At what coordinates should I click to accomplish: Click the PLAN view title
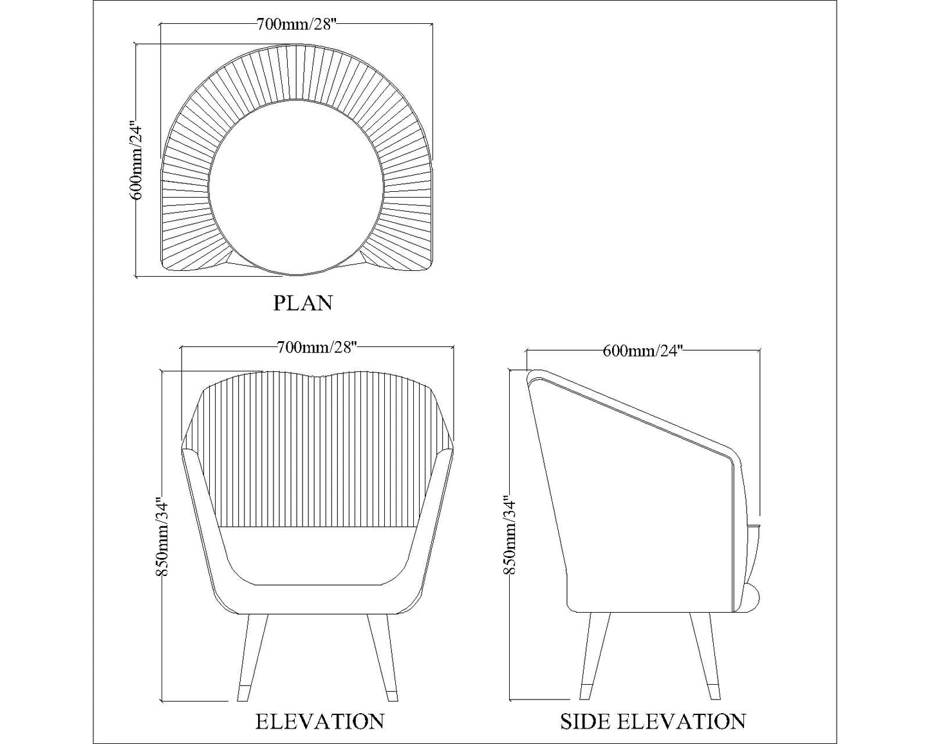[x=302, y=302]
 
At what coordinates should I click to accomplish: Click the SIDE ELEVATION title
[x=653, y=721]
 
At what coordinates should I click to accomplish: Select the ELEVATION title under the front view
[x=320, y=721]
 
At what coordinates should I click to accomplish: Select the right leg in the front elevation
[x=382, y=656]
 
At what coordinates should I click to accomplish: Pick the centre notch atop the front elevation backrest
[x=314, y=377]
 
